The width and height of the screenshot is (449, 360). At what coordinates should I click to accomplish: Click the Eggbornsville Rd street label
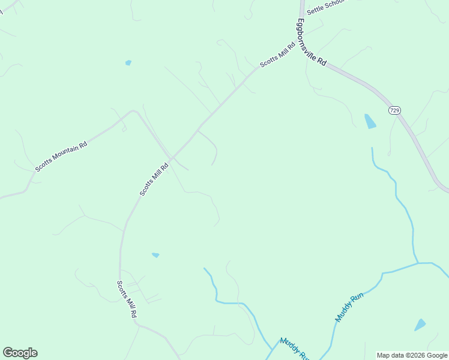[x=311, y=43]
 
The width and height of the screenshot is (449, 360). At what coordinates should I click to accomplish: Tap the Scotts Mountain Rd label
[x=61, y=157]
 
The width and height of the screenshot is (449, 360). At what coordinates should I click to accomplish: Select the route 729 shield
[x=394, y=110]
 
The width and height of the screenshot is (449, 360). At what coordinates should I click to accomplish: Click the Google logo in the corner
[x=20, y=353]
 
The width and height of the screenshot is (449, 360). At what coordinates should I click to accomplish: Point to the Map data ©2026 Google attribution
[x=412, y=355]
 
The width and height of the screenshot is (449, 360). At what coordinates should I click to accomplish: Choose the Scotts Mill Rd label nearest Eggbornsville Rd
[x=277, y=55]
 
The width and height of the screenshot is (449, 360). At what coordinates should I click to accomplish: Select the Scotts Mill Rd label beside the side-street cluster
[x=127, y=299]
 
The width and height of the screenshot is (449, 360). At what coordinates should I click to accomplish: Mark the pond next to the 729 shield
[x=370, y=121]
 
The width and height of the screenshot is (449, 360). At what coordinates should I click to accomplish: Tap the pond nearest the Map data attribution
[x=420, y=325]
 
